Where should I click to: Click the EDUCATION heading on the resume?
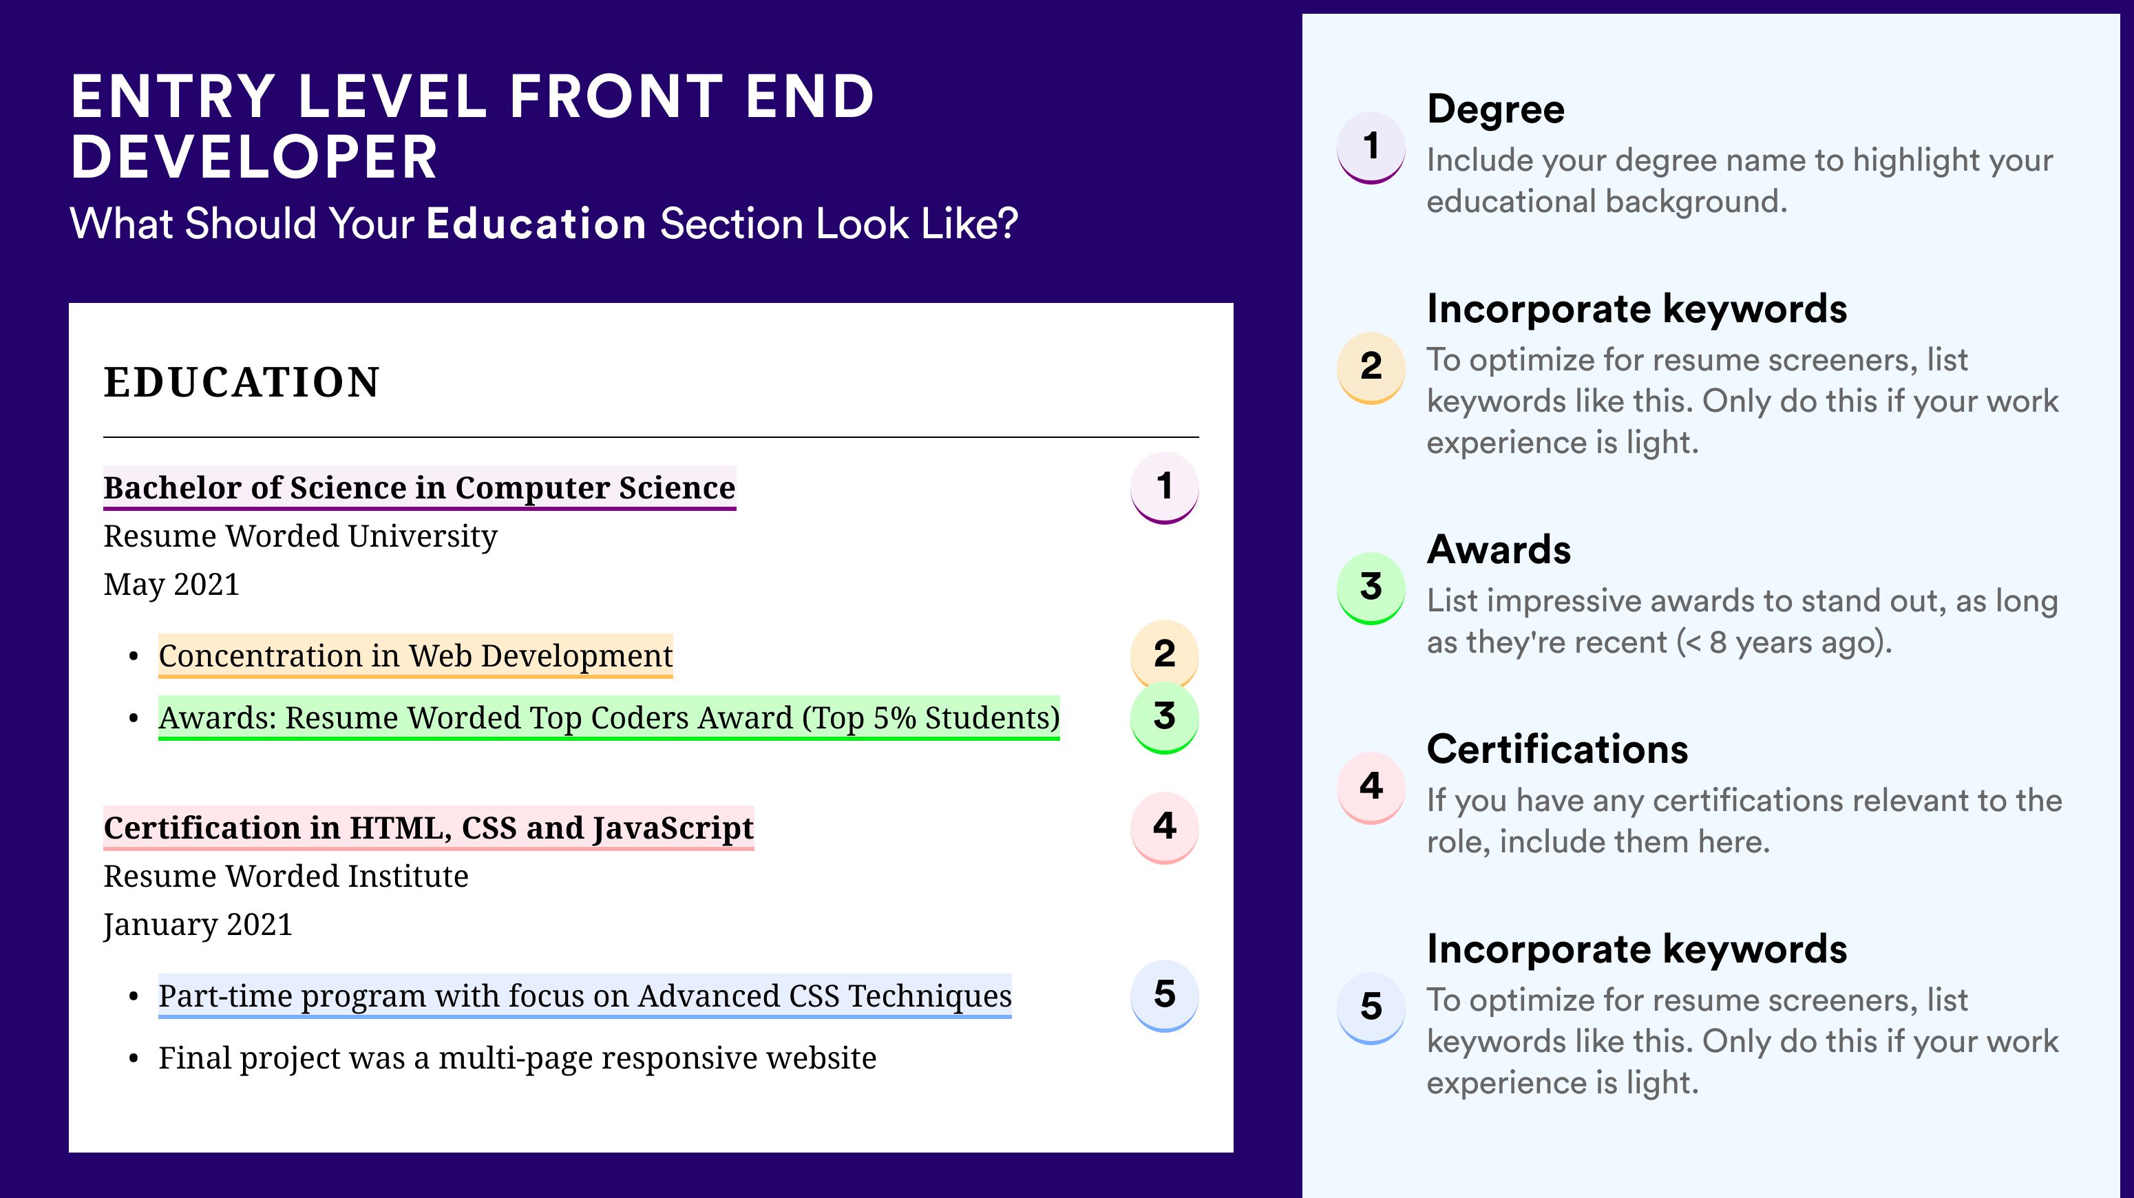[241, 383]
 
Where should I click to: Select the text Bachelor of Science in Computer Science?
[419, 488]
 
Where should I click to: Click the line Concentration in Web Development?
[415, 656]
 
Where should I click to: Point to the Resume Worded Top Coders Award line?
[609, 718]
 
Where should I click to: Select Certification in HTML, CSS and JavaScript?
[428, 828]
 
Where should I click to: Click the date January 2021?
[198, 925]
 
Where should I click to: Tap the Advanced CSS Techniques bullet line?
[585, 996]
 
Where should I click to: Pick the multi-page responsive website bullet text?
[517, 1058]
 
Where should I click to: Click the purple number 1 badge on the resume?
[1164, 487]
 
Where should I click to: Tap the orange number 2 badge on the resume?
[1164, 653]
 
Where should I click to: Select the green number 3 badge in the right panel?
[1371, 587]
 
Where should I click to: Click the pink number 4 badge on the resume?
[1164, 827]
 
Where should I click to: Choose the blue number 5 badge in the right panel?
[1371, 1007]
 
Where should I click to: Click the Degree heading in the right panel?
[1495, 110]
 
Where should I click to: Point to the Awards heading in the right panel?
[1499, 549]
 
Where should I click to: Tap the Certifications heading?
[1557, 749]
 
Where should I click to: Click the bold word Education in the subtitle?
[536, 224]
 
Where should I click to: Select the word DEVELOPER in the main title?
[253, 158]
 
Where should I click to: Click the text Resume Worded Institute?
[286, 876]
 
